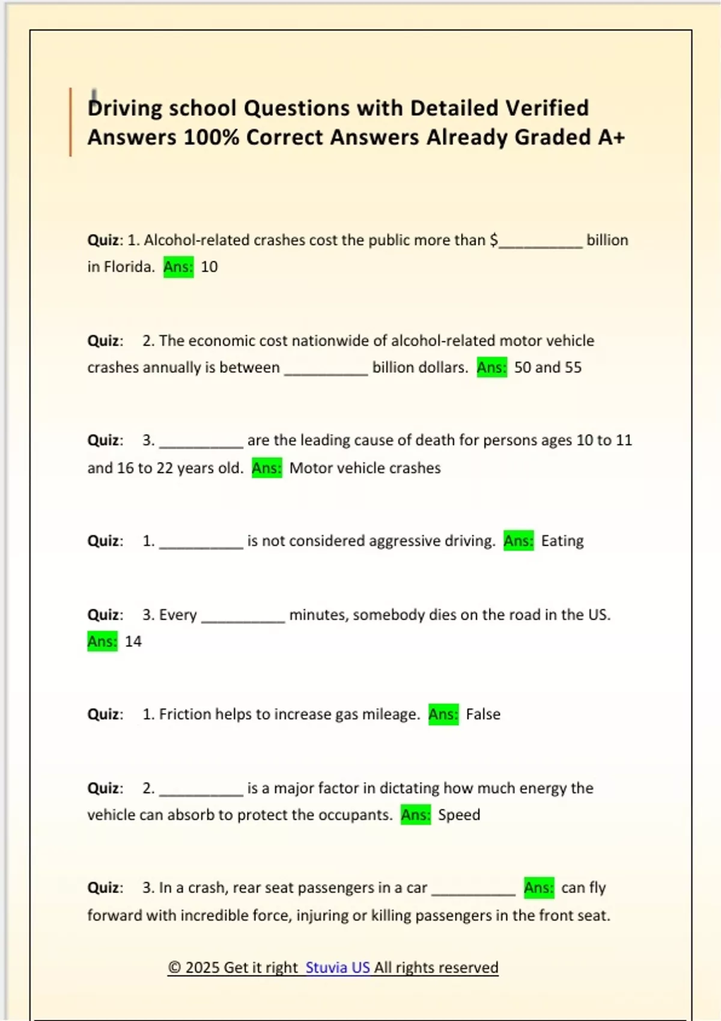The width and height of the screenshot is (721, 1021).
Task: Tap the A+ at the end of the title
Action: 612,138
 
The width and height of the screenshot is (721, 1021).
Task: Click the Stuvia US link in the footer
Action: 337,968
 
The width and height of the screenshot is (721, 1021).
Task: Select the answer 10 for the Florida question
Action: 209,267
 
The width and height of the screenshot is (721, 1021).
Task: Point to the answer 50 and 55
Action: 547,367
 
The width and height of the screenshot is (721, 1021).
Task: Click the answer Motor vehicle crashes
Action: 365,468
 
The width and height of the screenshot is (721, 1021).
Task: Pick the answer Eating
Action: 562,541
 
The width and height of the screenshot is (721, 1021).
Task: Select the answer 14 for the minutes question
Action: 133,641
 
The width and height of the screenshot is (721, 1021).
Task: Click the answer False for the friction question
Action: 483,714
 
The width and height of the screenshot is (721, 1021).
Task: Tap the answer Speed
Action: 459,815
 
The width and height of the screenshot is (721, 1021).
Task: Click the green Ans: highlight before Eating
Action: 518,541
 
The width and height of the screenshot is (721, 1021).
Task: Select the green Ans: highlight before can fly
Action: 538,888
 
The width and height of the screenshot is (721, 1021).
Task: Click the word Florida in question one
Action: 129,267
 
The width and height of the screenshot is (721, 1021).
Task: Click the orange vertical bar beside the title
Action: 70,122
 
